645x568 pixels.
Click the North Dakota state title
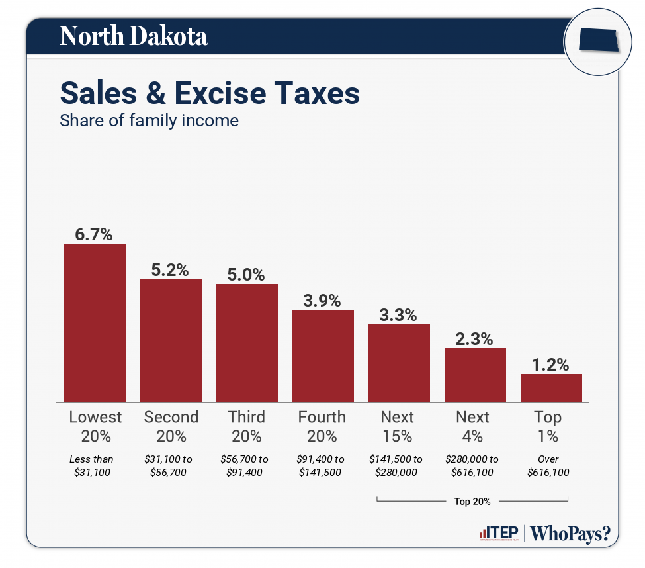pyautogui.click(x=134, y=36)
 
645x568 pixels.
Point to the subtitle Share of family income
pyautogui.click(x=149, y=121)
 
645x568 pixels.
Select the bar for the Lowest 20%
pyautogui.click(x=95, y=323)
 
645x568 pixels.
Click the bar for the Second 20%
pyautogui.click(x=171, y=341)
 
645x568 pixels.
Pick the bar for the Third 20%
pyautogui.click(x=247, y=343)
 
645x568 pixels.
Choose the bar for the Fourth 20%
pyautogui.click(x=323, y=356)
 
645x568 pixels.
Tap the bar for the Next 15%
pyautogui.click(x=399, y=363)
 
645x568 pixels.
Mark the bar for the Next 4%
pyautogui.click(x=475, y=375)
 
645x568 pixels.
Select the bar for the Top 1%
pyautogui.click(x=551, y=388)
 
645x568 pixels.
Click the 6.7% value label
pyautogui.click(x=95, y=234)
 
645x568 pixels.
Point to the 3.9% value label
pyautogui.click(x=323, y=301)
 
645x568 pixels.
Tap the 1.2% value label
pyautogui.click(x=551, y=365)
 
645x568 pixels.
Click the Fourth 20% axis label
pyautogui.click(x=322, y=426)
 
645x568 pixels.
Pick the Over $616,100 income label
pyautogui.click(x=548, y=465)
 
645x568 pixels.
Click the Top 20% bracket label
pyautogui.click(x=472, y=501)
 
